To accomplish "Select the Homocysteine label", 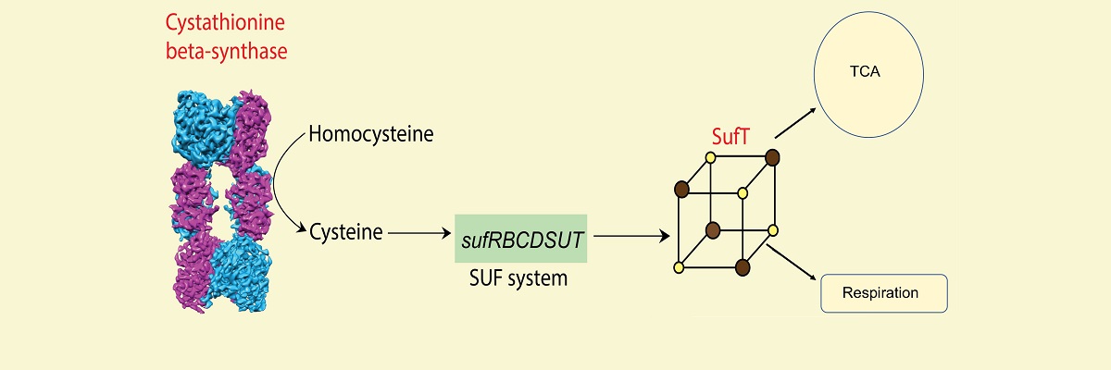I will coord(371,135).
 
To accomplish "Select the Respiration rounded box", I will coord(884,293).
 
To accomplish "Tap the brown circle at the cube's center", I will coord(713,228).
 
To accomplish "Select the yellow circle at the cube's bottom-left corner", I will coord(679,267).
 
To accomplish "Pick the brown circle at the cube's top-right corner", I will coord(771,157).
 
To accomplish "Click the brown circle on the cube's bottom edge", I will coord(742,267).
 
